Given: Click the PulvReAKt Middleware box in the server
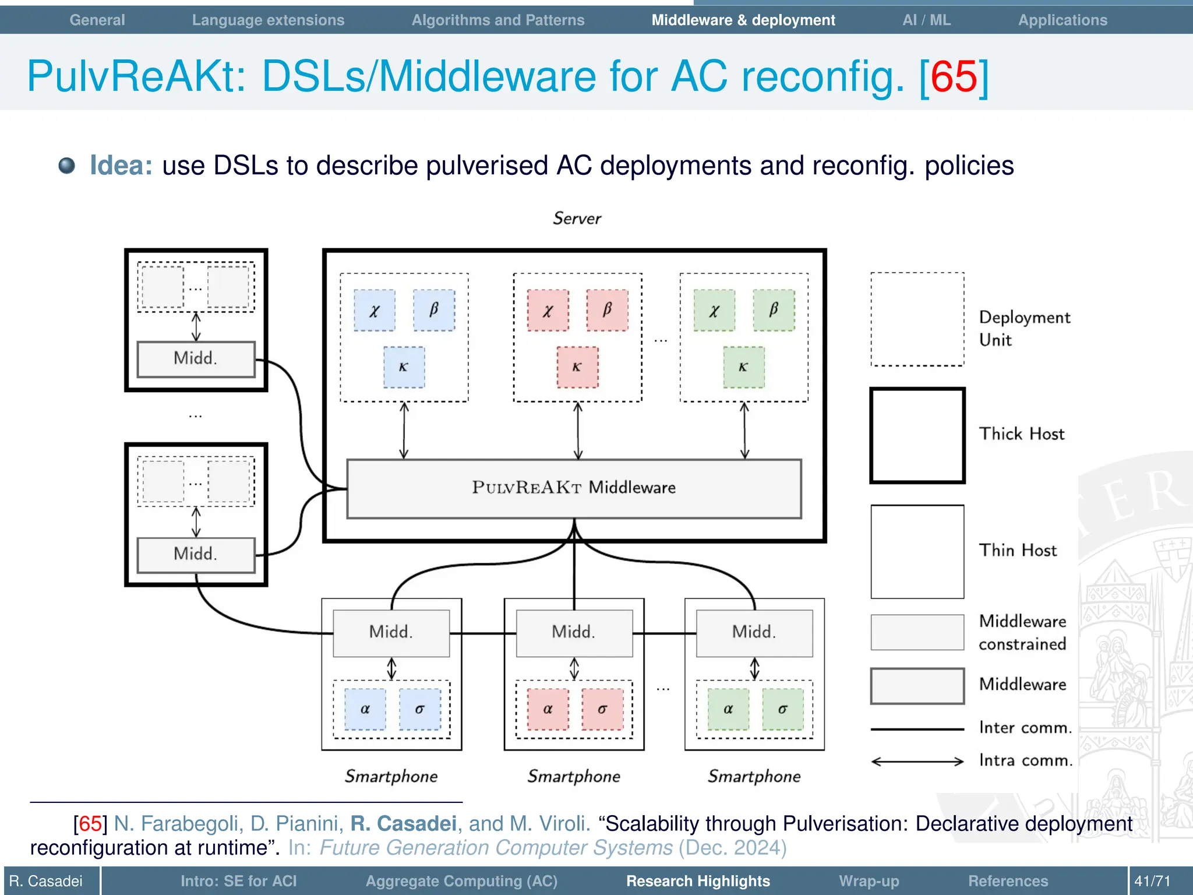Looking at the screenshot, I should point(574,488).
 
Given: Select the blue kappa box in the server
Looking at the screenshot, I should point(404,367).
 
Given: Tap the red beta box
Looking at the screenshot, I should point(607,310).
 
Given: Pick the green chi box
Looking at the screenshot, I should point(714,311).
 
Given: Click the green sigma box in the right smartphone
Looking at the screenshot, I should point(782,709).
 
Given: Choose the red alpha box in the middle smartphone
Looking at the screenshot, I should point(548,709).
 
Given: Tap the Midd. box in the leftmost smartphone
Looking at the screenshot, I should point(391,633).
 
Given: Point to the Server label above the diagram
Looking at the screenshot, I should point(577,219).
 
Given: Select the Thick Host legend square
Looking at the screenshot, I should point(917,435).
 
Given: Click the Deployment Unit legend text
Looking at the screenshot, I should point(1024,329).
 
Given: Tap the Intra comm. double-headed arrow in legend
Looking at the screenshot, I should point(917,761).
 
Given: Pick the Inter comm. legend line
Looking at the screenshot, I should point(917,729).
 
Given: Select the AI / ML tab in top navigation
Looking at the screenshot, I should point(926,20).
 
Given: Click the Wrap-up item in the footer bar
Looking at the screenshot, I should point(869,881).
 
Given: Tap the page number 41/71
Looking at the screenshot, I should point(1152,881).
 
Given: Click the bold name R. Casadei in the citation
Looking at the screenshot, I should point(403,823).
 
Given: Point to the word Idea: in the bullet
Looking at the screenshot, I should point(121,165).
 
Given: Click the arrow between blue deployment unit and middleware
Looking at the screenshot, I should point(404,431).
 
